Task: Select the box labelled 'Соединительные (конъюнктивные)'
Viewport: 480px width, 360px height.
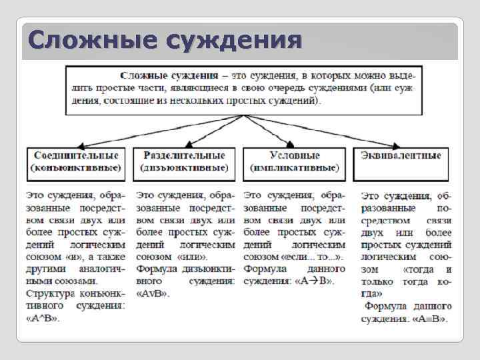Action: (x=75, y=161)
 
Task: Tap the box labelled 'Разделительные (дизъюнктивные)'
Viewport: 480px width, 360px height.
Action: (x=185, y=162)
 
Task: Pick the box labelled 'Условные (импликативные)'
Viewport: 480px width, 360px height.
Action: (x=294, y=162)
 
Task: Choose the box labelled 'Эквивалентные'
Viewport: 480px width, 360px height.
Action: (x=401, y=162)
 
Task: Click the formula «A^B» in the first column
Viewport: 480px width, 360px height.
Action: (x=43, y=318)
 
